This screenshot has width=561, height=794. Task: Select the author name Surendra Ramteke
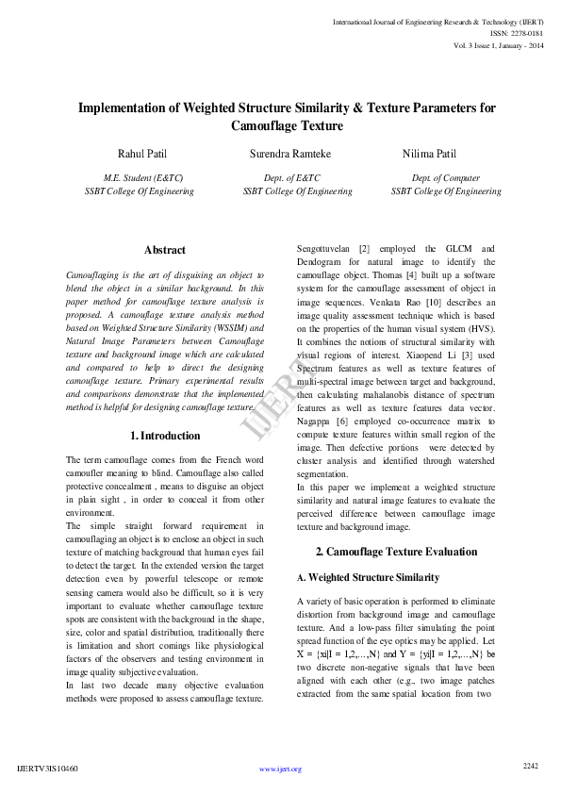tap(290, 153)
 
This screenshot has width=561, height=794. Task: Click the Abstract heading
tap(165, 250)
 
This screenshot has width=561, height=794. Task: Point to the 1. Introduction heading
tap(164, 436)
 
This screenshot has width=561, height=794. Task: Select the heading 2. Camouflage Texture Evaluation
tap(396, 552)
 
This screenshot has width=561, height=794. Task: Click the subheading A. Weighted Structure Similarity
tap(367, 576)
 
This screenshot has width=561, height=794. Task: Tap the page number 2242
tap(530, 766)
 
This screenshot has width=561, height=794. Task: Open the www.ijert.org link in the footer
tap(280, 769)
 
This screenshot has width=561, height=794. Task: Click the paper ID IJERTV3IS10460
tap(48, 769)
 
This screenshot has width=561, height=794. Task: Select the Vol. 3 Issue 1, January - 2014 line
tap(498, 44)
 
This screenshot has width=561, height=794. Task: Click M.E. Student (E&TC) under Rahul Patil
tap(142, 177)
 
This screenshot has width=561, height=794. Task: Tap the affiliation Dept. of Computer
tap(446, 177)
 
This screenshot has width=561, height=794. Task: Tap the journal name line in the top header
tap(437, 20)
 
